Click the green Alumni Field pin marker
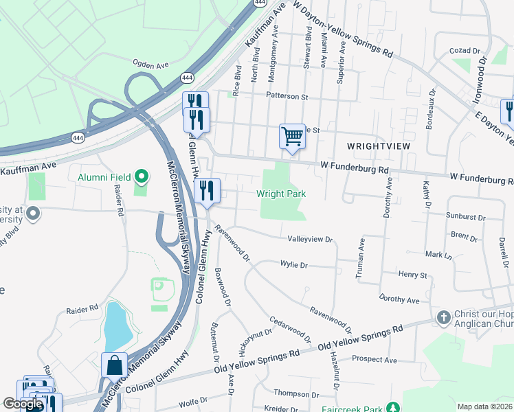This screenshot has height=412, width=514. pos(142,177)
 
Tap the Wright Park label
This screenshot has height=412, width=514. pos(281,194)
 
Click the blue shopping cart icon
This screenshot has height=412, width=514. pos(292,136)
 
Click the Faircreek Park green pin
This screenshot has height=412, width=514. pos(392,407)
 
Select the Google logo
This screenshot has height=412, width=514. pos(23,404)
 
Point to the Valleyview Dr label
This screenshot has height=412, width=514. pos(309,240)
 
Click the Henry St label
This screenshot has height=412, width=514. pos(413,275)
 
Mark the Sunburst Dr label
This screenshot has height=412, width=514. pos(465,217)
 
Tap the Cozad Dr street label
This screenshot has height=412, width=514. pos(465,51)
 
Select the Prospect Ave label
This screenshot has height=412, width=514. pos(374,359)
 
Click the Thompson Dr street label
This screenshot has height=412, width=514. pos(293,393)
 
